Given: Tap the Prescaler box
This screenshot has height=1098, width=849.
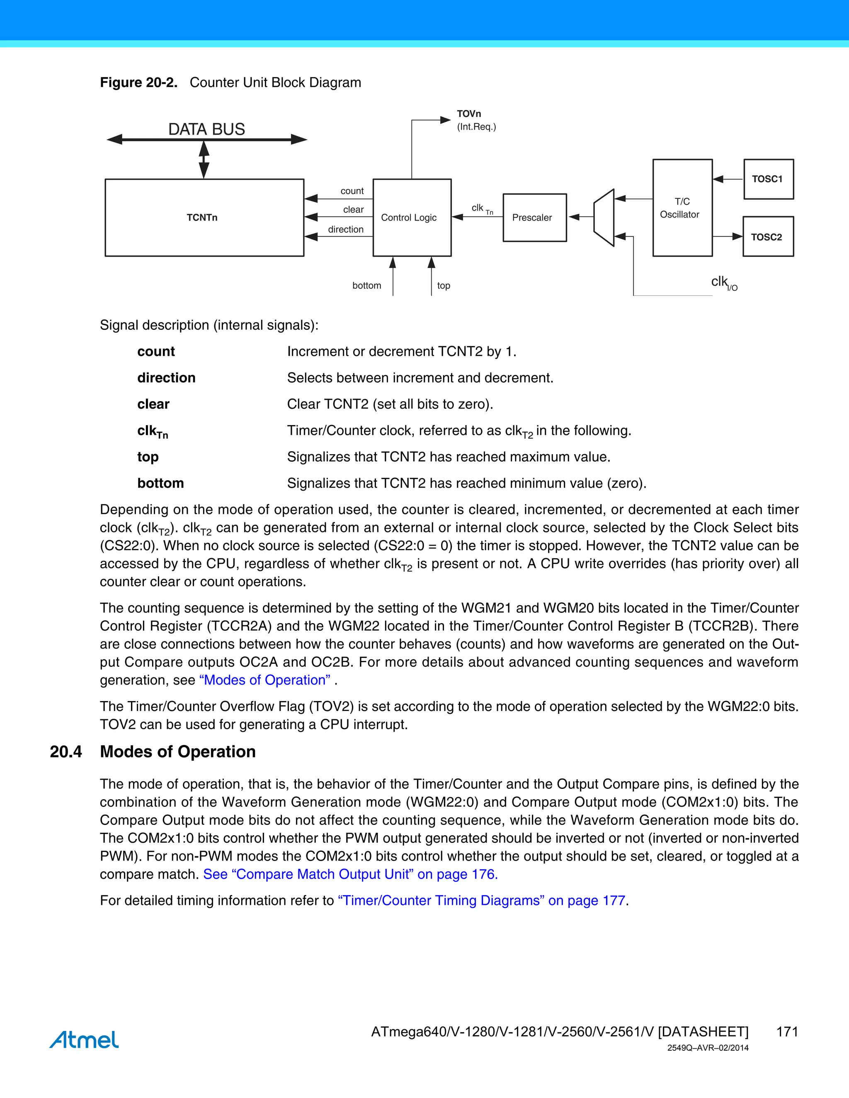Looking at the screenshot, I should [534, 217].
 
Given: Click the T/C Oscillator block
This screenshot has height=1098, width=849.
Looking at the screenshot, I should [682, 208].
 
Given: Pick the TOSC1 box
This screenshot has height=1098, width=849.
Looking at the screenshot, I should [768, 179].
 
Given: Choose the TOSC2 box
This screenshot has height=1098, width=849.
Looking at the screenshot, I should [767, 237].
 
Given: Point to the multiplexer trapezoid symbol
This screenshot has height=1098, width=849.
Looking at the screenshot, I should [604, 218].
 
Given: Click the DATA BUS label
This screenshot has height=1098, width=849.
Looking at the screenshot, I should [206, 129].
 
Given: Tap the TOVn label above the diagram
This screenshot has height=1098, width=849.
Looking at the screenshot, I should [469, 114].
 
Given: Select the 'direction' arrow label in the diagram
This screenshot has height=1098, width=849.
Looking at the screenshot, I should [346, 229].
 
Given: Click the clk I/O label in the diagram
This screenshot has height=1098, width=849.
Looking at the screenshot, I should [724, 283].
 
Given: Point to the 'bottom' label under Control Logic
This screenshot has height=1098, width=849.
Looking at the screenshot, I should [366, 285].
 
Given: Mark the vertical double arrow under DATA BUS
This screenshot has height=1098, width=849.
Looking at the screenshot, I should [204, 160].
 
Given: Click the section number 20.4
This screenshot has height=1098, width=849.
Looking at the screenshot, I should [65, 751].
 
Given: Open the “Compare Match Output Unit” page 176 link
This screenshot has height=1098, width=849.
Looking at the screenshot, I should [350, 874].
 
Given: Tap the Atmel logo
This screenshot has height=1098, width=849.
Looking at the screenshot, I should [84, 1039].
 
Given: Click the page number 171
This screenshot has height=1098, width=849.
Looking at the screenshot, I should [787, 1032].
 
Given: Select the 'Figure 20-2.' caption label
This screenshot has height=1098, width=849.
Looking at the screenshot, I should [139, 82].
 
